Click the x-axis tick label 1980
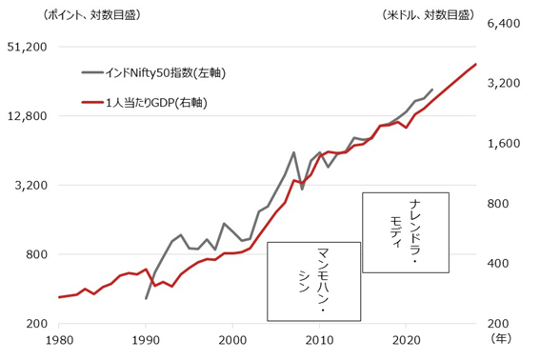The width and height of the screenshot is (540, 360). (x=59, y=340)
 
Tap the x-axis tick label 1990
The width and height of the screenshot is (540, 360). (x=146, y=340)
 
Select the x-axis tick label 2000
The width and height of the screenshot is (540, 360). (x=232, y=340)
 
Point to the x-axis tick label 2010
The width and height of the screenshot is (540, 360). (x=319, y=340)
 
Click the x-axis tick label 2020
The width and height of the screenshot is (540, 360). (x=406, y=340)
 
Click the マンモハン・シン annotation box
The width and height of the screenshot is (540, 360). (x=314, y=281)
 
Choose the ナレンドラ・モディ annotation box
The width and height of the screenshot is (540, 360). (x=405, y=230)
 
